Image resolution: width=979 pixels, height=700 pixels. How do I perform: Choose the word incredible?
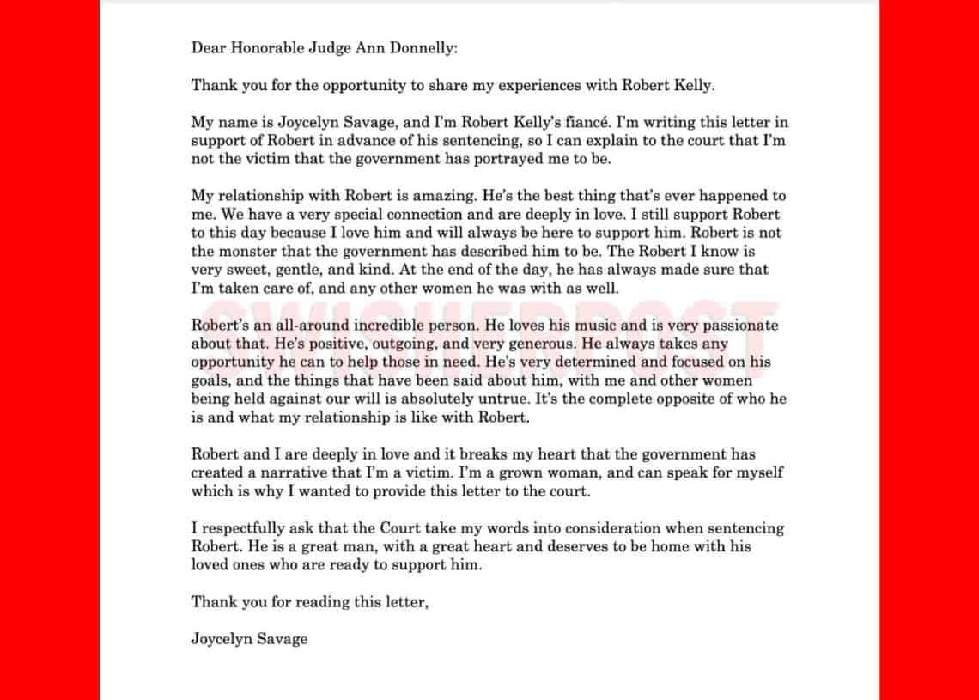pyautogui.click(x=389, y=326)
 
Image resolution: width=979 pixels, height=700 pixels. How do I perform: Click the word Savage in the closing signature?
pyautogui.click(x=282, y=639)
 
